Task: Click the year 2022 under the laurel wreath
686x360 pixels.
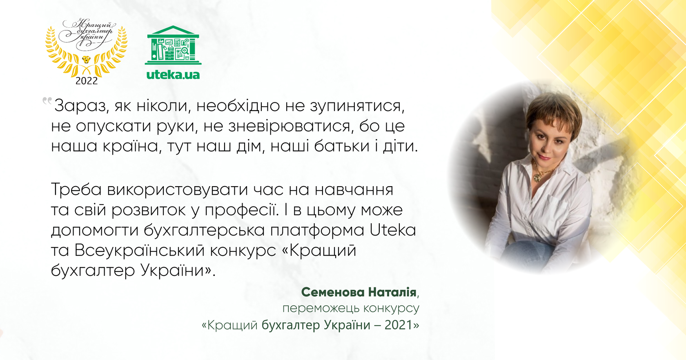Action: (87, 81)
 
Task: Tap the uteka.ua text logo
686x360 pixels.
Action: (173, 75)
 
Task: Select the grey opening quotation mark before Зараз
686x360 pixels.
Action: (47, 100)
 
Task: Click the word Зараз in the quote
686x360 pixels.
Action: (81, 106)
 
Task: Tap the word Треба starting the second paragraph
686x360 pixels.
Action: (76, 190)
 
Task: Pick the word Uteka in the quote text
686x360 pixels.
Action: (392, 230)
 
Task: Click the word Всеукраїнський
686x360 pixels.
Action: (139, 251)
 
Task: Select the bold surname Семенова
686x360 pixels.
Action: (333, 292)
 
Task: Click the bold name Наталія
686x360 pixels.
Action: (392, 292)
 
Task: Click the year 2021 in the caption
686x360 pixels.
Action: (399, 325)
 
